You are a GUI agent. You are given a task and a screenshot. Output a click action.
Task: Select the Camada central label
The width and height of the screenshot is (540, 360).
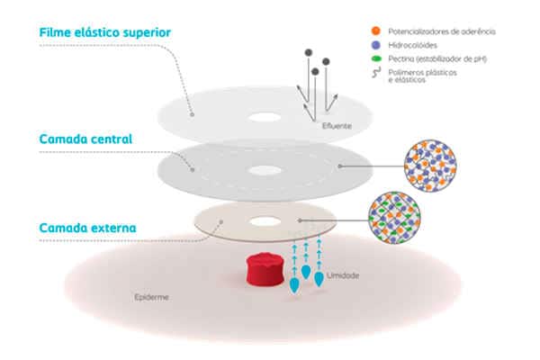point(86,139)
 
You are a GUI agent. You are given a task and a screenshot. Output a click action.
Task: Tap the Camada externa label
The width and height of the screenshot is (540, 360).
point(87,228)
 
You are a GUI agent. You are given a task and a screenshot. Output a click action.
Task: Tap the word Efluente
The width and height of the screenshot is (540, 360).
point(337,125)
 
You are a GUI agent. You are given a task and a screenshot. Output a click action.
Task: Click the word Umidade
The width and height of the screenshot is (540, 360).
point(345,274)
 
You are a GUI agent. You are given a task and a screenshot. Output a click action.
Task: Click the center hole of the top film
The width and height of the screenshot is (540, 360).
point(265,117)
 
